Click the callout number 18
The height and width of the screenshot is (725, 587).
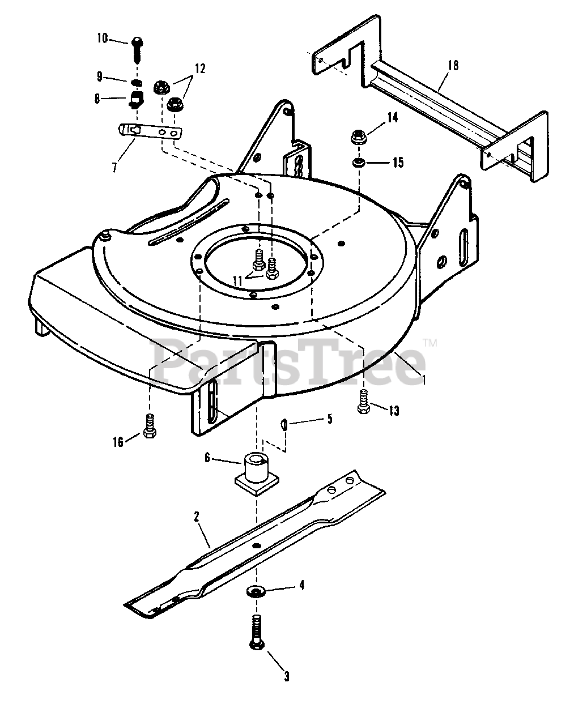[x=453, y=65]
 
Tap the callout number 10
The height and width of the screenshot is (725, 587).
[x=102, y=39]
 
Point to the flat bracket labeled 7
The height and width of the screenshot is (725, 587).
[x=151, y=131]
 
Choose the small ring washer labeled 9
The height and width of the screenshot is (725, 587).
[x=136, y=82]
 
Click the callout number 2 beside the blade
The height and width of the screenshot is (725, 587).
[x=196, y=516]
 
